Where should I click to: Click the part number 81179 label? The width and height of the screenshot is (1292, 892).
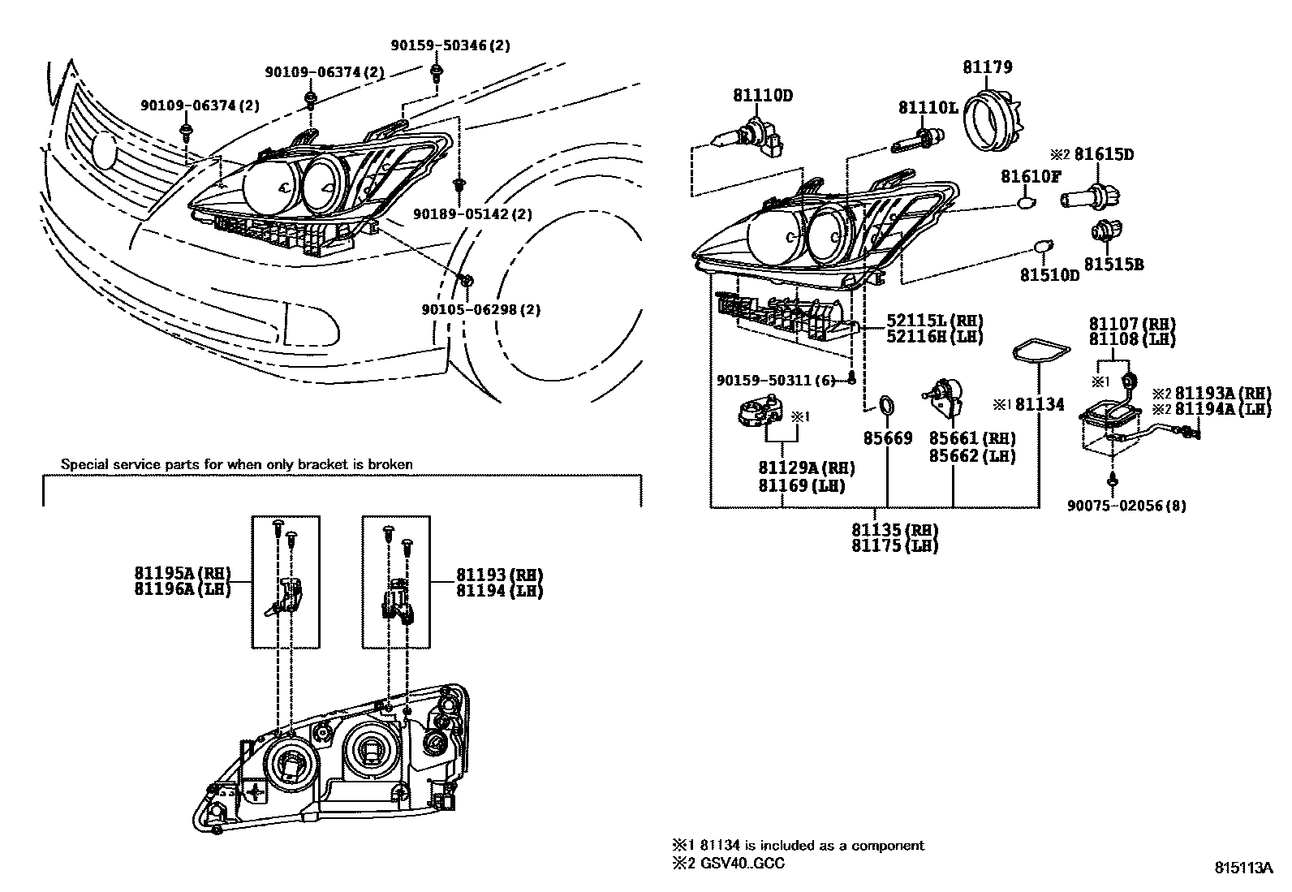pos(988,67)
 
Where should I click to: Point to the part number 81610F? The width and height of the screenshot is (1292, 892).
pos(1030,177)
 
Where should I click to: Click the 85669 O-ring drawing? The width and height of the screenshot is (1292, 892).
pos(887,404)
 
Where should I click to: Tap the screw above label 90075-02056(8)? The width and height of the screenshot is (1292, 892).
pos(1113,480)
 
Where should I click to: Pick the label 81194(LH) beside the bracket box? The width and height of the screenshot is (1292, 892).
pos(499,591)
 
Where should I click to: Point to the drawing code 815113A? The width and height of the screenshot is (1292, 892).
pos(1243,867)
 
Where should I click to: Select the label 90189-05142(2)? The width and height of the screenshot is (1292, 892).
pos(472,214)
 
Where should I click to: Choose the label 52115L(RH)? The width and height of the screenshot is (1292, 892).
pos(924,320)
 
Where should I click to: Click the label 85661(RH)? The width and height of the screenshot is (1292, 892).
pos(971,439)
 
